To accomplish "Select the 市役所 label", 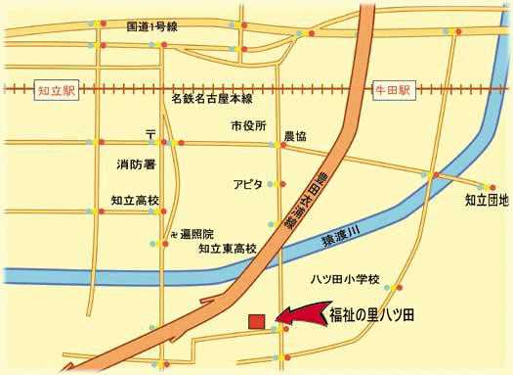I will click(248, 126).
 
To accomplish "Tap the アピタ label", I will click(248, 184).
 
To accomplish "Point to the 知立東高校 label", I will click(227, 250).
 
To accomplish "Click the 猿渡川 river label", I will click(341, 234).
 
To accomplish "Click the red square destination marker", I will click(256, 321).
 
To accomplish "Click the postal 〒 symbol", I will click(150, 131).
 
